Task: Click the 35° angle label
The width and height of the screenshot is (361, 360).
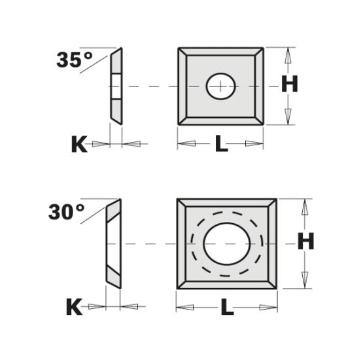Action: tap(75, 61)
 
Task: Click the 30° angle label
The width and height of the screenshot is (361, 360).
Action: tap(66, 212)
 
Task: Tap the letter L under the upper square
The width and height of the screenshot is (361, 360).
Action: tap(221, 145)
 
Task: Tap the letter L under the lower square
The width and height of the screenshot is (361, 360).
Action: tap(226, 306)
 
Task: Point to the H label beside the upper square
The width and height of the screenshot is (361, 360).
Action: tap(290, 84)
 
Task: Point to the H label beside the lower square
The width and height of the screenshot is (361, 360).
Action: tap(306, 242)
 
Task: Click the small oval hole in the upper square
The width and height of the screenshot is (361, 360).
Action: tap(221, 86)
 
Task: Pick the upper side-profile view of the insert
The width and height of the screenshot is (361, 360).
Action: tap(116, 86)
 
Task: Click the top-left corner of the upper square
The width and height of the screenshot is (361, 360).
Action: tap(179, 48)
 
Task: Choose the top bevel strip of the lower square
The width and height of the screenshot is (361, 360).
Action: tap(226, 204)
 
